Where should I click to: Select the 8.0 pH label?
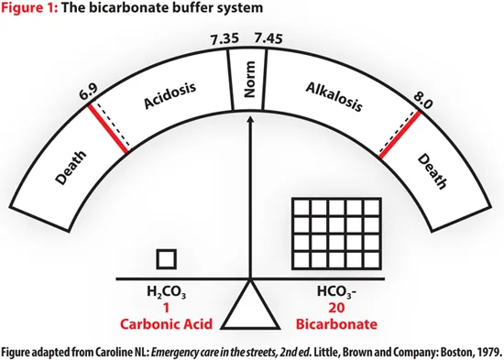point(422,94)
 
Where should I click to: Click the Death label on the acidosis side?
point(73,169)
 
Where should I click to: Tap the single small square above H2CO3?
point(166,258)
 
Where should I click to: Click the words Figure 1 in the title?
point(29,8)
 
